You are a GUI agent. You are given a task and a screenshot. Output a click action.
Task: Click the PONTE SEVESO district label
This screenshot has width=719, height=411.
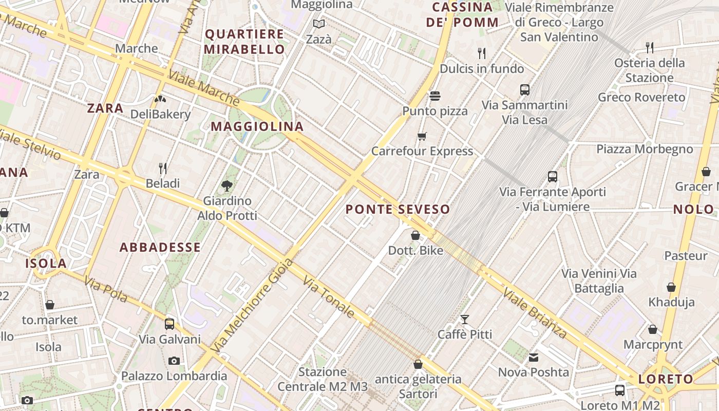point(398,209)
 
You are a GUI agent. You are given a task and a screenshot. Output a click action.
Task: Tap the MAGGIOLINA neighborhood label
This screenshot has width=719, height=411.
point(257,126)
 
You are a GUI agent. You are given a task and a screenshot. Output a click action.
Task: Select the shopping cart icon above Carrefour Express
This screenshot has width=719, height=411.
point(422,136)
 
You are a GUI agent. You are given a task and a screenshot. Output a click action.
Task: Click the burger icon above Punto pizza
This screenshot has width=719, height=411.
point(435,96)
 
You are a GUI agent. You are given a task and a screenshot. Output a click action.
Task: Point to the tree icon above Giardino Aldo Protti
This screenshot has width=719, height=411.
point(226,186)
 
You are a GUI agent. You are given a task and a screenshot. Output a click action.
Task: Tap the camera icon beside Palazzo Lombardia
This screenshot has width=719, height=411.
point(174,361)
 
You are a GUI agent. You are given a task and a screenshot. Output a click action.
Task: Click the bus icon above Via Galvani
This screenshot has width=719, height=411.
point(169,324)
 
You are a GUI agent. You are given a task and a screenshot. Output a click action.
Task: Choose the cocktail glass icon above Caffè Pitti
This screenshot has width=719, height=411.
point(465,320)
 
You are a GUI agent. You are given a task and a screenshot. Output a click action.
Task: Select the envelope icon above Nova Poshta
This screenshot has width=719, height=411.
point(534,357)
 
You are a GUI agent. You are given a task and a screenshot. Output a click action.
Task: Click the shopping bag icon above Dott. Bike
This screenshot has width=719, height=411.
point(415,236)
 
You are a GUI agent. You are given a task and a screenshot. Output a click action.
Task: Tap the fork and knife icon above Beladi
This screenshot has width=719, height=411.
point(163,169)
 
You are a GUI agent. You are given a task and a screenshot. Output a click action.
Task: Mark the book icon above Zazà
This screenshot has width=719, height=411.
point(319,24)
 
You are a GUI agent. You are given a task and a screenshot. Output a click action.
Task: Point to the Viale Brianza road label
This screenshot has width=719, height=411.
point(535,313)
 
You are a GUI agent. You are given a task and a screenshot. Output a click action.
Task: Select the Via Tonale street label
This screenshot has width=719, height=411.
point(329,296)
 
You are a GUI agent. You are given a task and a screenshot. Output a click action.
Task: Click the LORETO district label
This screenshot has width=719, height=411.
point(666,380)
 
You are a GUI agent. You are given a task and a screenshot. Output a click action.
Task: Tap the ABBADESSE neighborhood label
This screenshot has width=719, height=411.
point(160,248)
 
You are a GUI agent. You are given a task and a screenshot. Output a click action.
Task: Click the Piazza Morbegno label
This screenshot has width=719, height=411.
point(645,149)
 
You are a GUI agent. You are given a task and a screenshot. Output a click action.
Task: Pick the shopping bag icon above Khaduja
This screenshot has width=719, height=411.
point(671,287)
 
